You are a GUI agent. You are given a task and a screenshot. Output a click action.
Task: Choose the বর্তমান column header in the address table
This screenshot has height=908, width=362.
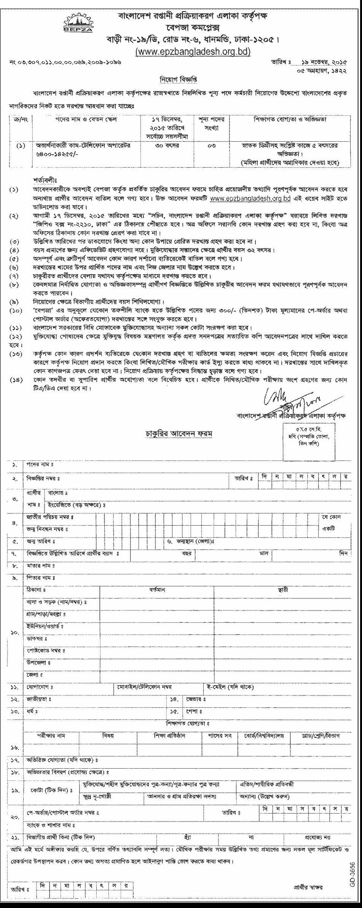coord(156,590)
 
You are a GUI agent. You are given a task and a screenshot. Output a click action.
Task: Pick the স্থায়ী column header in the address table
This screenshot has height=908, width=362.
coord(282,590)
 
